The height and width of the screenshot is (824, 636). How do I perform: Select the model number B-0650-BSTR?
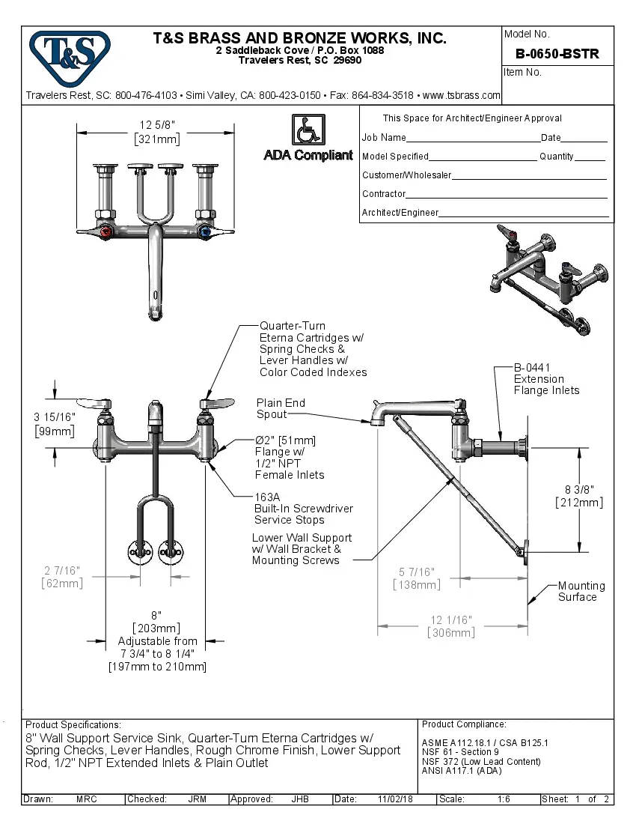pyautogui.click(x=557, y=54)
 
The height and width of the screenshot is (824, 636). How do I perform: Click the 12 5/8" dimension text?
pyautogui.click(x=157, y=125)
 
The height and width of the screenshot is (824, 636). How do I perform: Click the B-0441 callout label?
pyautogui.click(x=532, y=368)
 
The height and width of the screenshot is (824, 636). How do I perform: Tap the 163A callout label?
pyautogui.click(x=266, y=497)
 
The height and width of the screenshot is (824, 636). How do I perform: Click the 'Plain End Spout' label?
pyautogui.click(x=281, y=408)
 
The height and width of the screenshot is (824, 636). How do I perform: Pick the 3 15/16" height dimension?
pyautogui.click(x=54, y=416)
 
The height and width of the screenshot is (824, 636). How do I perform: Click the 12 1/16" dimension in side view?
pyautogui.click(x=450, y=620)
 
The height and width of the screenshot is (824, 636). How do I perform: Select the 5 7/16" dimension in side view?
pyautogui.click(x=416, y=572)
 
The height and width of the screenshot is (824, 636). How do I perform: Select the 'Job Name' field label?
pyautogui.click(x=384, y=138)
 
